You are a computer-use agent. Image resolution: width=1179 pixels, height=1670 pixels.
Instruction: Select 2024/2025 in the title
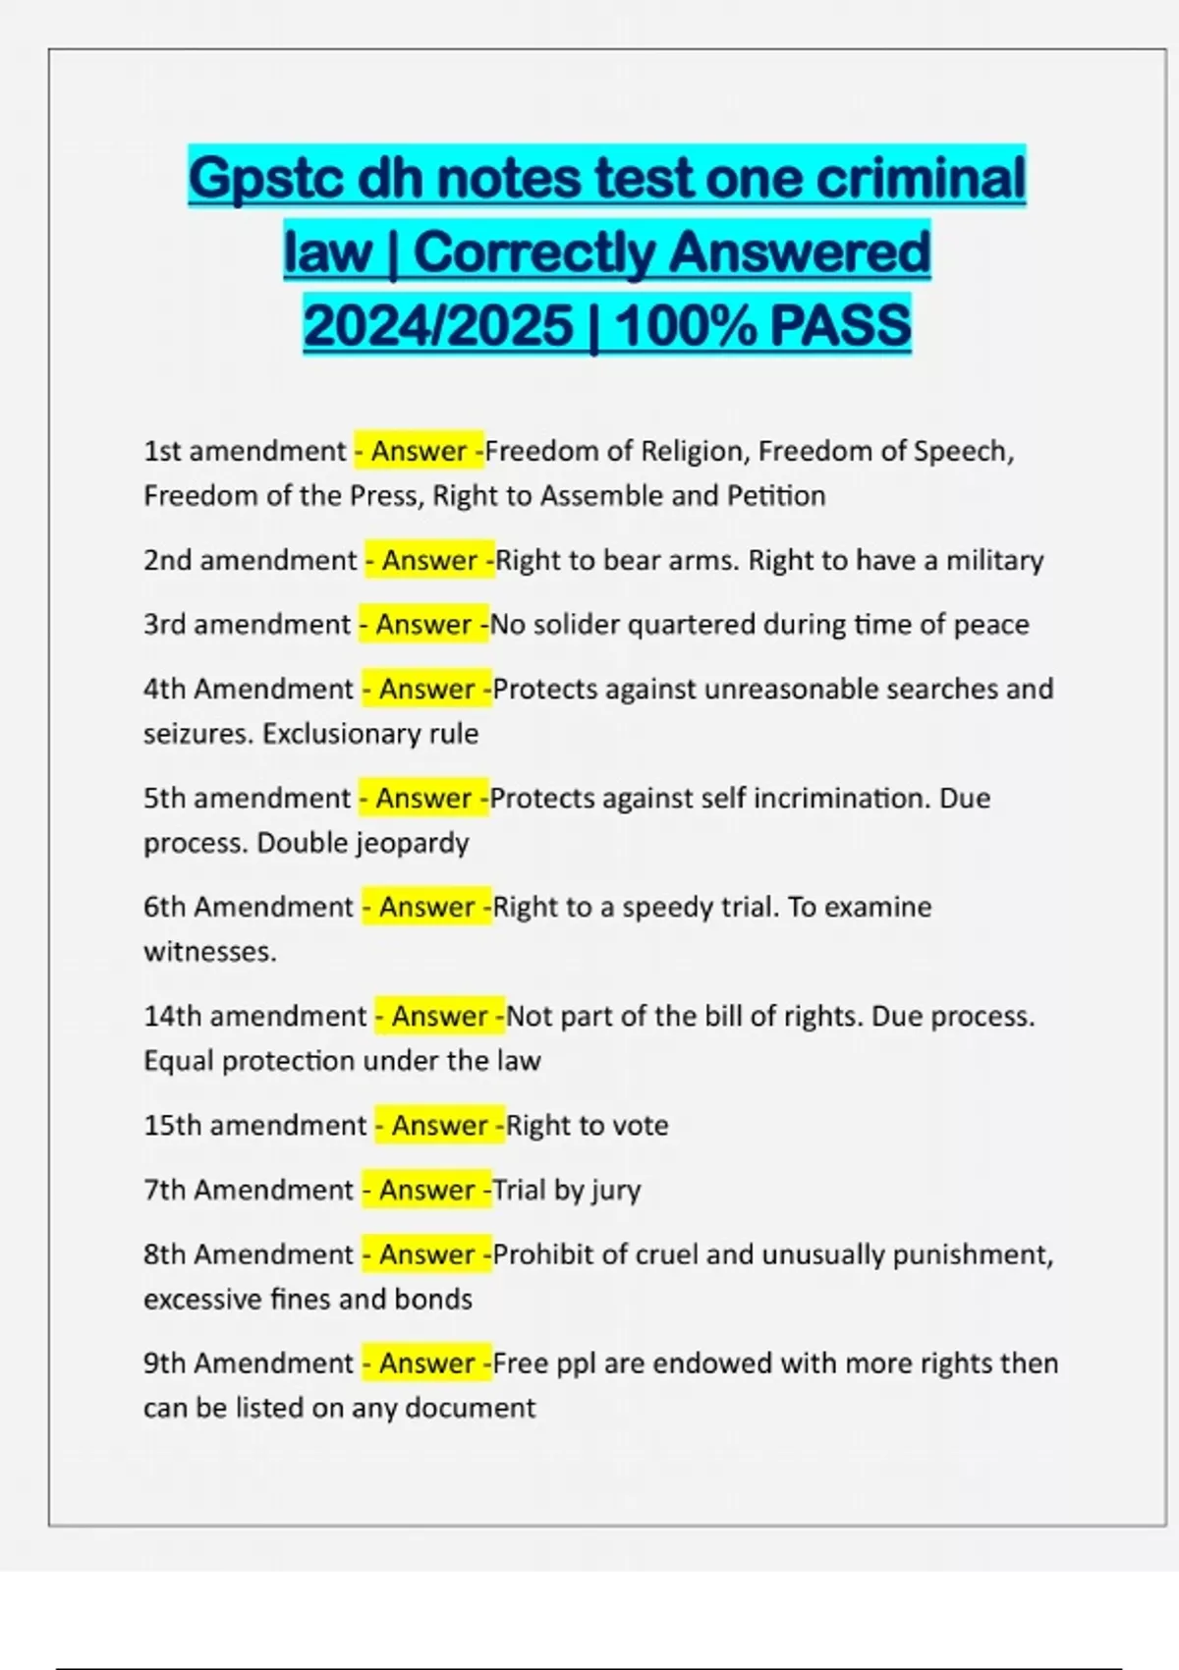click(438, 326)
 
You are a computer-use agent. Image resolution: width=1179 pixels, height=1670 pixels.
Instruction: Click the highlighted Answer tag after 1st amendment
click(419, 451)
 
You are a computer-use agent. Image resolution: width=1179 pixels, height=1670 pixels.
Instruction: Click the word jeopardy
click(412, 843)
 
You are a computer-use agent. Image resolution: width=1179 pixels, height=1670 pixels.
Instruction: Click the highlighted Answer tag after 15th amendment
click(439, 1125)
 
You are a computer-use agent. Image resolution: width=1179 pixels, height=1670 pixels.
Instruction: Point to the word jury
click(615, 1191)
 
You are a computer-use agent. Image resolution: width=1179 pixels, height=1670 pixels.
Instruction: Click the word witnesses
click(209, 951)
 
